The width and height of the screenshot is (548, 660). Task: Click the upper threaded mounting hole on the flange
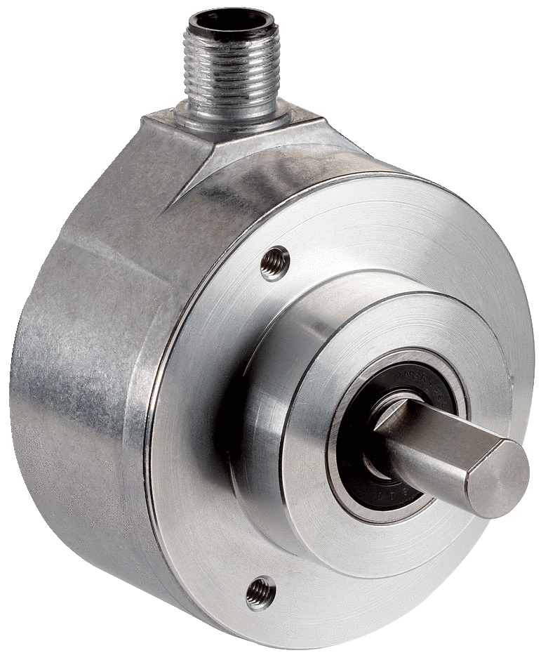(274, 263)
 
